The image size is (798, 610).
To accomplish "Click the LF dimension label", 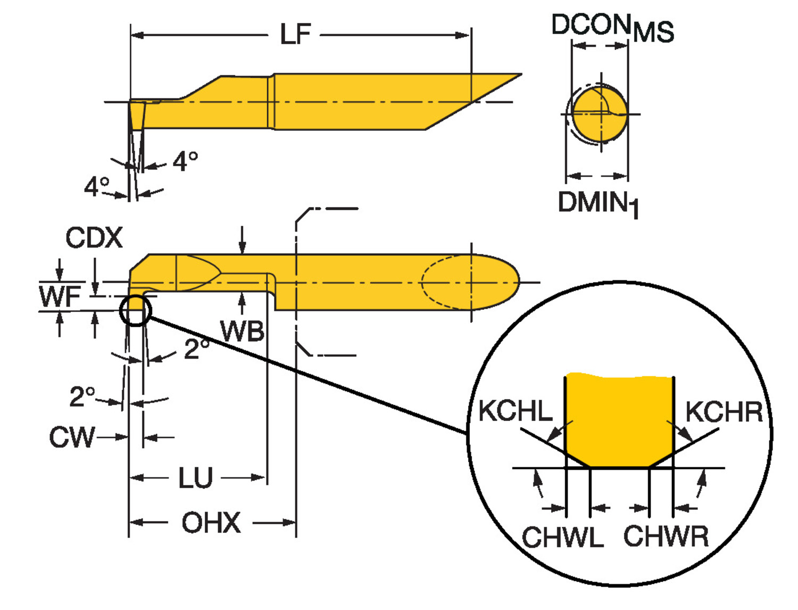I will pos(295,35).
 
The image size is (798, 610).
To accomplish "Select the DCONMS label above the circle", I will pos(612,28).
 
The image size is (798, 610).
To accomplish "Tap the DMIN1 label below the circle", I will pos(598,203).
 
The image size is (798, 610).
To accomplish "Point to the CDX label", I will pos(94,237).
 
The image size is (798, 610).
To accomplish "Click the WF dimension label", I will pos(60,296).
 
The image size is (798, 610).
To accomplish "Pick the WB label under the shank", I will pos(242,331).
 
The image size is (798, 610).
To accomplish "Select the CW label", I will pos(72,438).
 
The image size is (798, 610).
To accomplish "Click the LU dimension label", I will pos(195,478).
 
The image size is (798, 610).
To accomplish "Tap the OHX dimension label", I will pos(211,523).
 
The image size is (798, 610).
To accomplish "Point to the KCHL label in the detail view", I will pos(515,411).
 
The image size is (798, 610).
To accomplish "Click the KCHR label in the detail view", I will pos(724,412).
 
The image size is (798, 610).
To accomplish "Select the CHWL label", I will pos(562,537).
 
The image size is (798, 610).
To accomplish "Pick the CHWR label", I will pos(666,537).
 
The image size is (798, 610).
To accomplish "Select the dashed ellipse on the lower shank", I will pos(447,282).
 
